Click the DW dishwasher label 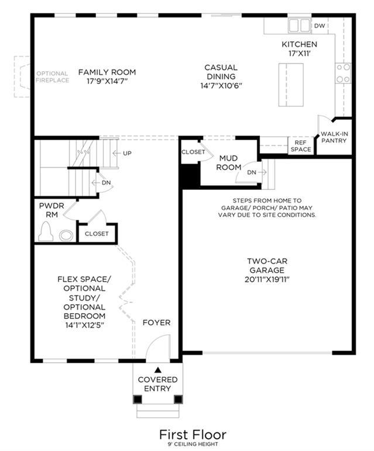pyautogui.click(x=319, y=26)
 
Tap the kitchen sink pyautogui.click(x=299, y=25)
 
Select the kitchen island pyautogui.click(x=291, y=85)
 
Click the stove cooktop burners pyautogui.click(x=343, y=73)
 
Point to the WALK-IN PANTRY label pyautogui.click(x=334, y=137)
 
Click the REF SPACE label pyautogui.click(x=301, y=146)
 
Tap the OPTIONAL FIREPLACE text pyautogui.click(x=53, y=77)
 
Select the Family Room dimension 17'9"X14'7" pyautogui.click(x=107, y=81)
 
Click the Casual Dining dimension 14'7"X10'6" pyautogui.click(x=221, y=86)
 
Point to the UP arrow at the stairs pyautogui.click(x=116, y=153)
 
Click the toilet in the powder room pyautogui.click(x=46, y=231)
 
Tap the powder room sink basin pyautogui.click(x=66, y=235)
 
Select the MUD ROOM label pyautogui.click(x=229, y=162)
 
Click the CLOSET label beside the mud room pyautogui.click(x=193, y=152)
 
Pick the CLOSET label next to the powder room pyautogui.click(x=97, y=234)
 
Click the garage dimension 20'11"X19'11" pyautogui.click(x=267, y=279)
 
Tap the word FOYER pyautogui.click(x=156, y=322)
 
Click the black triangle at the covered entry pyautogui.click(x=157, y=370)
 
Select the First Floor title pyautogui.click(x=193, y=434)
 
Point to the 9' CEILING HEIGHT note pyautogui.click(x=193, y=445)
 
